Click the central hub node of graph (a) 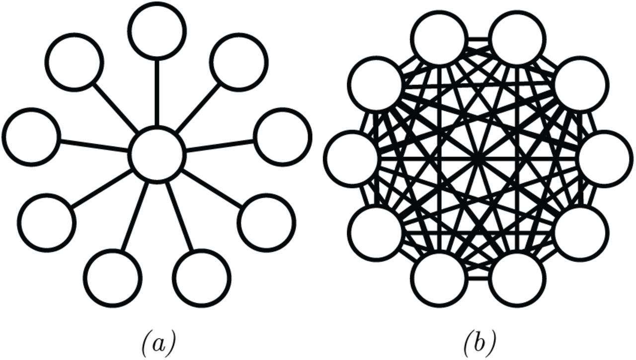click(157, 154)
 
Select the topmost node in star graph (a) click(157, 31)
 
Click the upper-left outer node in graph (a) click(75, 62)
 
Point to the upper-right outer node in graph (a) click(239, 62)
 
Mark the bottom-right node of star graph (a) click(201, 278)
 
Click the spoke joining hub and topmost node click(157, 92)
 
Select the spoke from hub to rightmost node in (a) click(220, 145)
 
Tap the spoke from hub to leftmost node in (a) click(94, 145)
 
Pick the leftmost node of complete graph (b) click(352, 158)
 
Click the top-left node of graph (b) click(440, 39)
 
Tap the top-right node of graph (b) click(518, 39)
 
